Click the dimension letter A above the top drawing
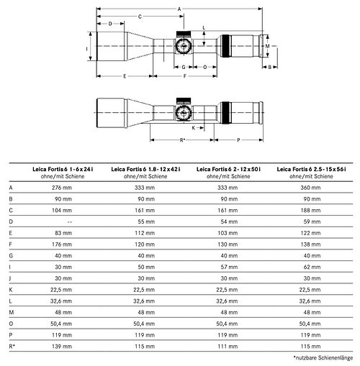pyautogui.click(x=179, y=9)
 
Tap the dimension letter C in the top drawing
pyautogui.click(x=140, y=17)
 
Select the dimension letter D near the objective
pyautogui.click(x=110, y=24)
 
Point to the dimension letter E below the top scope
pyautogui.click(x=125, y=76)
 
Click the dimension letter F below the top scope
pyautogui.click(x=185, y=76)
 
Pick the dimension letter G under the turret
pyautogui.click(x=184, y=67)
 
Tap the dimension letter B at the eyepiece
pyautogui.click(x=270, y=67)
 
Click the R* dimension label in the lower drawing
pyautogui.click(x=182, y=140)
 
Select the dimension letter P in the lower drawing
pyautogui.click(x=238, y=140)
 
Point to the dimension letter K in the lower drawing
pyautogui.click(x=194, y=128)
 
